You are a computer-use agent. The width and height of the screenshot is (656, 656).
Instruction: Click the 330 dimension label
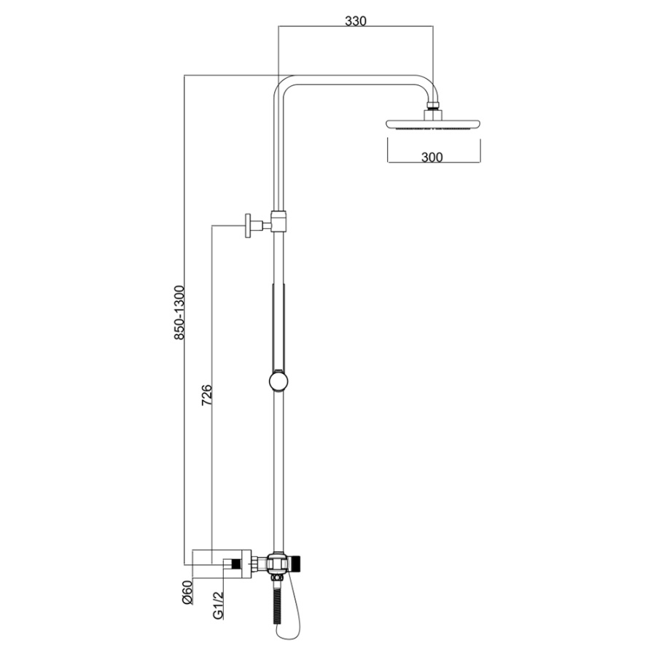pos(356,21)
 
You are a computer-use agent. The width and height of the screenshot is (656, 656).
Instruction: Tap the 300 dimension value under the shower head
pos(432,157)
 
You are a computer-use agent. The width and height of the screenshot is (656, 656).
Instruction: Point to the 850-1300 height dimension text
pos(179,313)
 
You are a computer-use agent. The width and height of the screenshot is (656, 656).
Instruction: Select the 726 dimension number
pos(207,395)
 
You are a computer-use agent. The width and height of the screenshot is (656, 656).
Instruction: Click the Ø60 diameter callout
pos(187,592)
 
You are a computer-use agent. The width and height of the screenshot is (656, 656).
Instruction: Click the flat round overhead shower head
pos(432,124)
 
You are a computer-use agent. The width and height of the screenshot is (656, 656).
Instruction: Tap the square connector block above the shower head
pos(432,114)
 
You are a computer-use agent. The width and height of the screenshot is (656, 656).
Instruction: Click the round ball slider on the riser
pos(278,381)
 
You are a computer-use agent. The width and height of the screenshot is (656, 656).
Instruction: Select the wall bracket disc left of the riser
pos(249,226)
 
